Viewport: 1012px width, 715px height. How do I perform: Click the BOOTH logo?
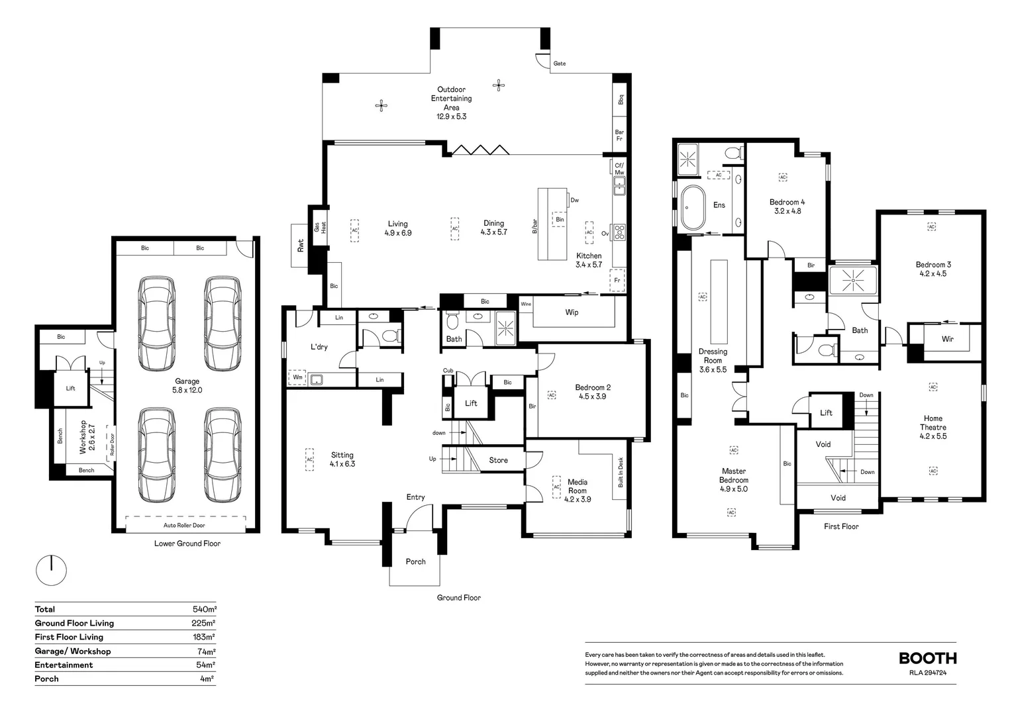point(927,658)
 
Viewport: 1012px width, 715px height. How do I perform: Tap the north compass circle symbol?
point(51,570)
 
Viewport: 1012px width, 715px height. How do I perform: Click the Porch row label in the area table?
point(46,679)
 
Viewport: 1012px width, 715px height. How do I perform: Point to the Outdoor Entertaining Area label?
point(451,103)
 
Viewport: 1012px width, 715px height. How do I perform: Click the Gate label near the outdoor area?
point(559,64)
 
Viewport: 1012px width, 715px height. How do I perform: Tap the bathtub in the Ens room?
point(693,207)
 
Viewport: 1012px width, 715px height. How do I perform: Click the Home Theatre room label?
point(933,427)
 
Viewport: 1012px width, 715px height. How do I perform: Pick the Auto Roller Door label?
point(184,525)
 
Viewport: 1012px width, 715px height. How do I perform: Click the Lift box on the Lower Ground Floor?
point(70,389)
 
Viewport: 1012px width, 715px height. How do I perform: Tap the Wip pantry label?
point(572,312)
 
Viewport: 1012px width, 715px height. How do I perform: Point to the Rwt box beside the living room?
point(300,245)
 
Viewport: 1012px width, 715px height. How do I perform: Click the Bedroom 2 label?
point(592,392)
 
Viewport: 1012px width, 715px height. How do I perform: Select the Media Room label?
point(577,491)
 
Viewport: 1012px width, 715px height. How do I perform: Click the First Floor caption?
point(841,526)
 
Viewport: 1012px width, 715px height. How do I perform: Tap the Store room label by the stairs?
point(498,460)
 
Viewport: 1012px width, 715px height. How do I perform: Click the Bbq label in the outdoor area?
point(621,100)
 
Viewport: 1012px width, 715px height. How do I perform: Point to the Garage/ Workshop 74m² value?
point(204,651)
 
